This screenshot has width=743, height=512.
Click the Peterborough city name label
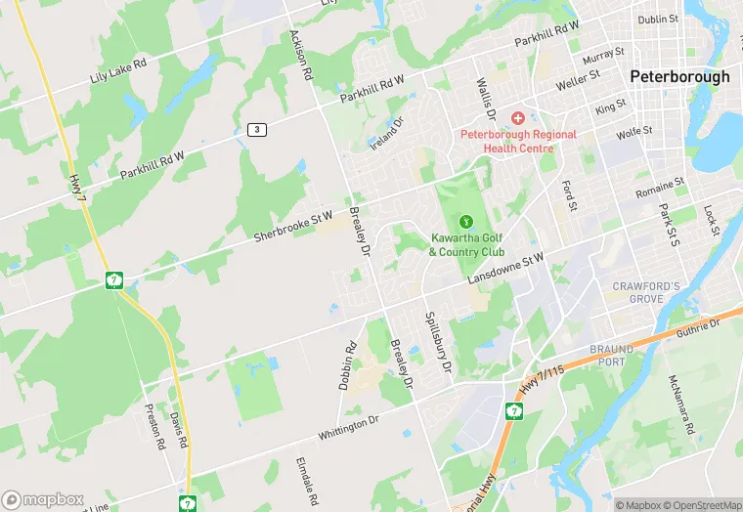679,76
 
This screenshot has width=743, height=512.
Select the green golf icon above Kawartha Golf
466,222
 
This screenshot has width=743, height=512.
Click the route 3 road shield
256,129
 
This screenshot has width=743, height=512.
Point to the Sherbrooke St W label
293,226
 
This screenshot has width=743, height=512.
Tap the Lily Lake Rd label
117,68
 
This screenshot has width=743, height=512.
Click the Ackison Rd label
300,54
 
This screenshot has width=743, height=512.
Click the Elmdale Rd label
306,482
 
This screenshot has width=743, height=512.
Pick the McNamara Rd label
682,405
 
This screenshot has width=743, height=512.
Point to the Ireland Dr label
386,134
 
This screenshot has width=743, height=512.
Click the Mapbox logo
43,498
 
